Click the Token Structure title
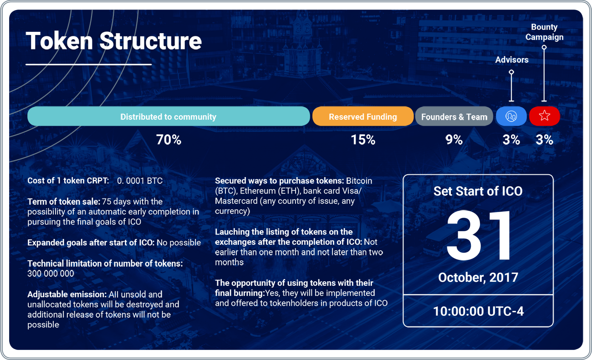tap(114, 41)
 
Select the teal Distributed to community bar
tap(168, 116)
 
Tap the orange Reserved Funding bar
tap(363, 116)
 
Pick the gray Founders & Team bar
tap(454, 116)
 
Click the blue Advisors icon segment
tap(511, 116)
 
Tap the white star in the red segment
tap(545, 116)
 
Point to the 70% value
tap(168, 139)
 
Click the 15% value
tap(363, 139)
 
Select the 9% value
tap(454, 139)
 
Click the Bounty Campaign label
tap(545, 32)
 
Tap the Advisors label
tap(512, 60)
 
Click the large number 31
tap(478, 235)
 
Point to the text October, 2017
tap(478, 278)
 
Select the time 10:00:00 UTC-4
tap(478, 311)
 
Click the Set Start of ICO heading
tap(478, 191)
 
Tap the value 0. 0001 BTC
tap(140, 181)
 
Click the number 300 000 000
tap(51, 274)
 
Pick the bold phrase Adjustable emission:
tap(67, 294)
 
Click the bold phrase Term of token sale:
tap(64, 202)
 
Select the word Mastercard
tap(236, 201)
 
